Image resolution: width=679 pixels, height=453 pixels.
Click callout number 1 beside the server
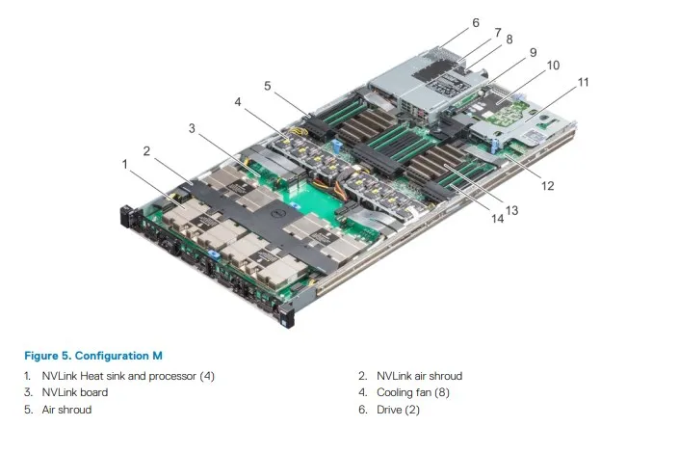click(124, 164)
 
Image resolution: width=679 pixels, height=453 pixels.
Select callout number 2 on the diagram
click(146, 150)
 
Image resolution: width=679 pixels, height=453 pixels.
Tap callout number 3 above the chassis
click(192, 127)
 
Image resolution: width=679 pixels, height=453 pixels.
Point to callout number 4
click(237, 101)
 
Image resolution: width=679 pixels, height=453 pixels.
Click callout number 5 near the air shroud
click(268, 86)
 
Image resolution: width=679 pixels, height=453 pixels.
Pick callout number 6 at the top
click(475, 21)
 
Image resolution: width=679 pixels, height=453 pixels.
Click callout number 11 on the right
click(583, 83)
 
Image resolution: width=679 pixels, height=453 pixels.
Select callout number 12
click(547, 185)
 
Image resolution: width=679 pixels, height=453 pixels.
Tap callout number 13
click(510, 209)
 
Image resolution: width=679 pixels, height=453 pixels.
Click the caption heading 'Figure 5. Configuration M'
click(93, 356)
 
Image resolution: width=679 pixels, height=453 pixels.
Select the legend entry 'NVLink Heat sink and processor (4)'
click(126, 375)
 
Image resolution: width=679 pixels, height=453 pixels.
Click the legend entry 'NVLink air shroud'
click(419, 375)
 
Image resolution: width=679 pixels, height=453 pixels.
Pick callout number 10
click(553, 66)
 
